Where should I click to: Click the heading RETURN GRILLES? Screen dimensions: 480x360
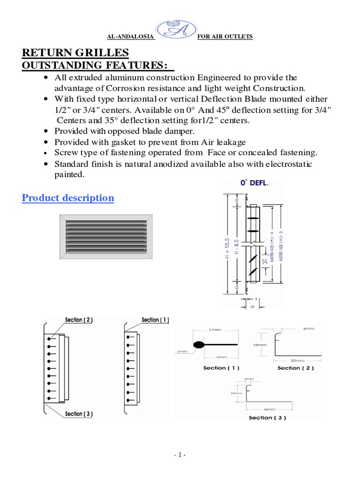tap(75, 52)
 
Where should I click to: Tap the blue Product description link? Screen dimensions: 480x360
tap(68, 198)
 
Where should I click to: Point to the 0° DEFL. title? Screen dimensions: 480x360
tap(255, 183)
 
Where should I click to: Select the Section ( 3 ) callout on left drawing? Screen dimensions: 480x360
tap(80, 414)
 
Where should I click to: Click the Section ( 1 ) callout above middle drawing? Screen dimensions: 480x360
tap(155, 320)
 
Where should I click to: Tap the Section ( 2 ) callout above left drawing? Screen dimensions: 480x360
tap(79, 320)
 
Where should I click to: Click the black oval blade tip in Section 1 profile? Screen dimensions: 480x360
tap(199, 345)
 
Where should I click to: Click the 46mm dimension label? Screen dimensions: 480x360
tap(279, 409)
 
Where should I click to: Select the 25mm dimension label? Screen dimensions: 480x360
tap(296, 361)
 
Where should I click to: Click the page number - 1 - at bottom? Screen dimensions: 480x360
tap(180, 455)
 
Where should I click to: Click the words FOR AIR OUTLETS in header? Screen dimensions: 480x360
tap(225, 37)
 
